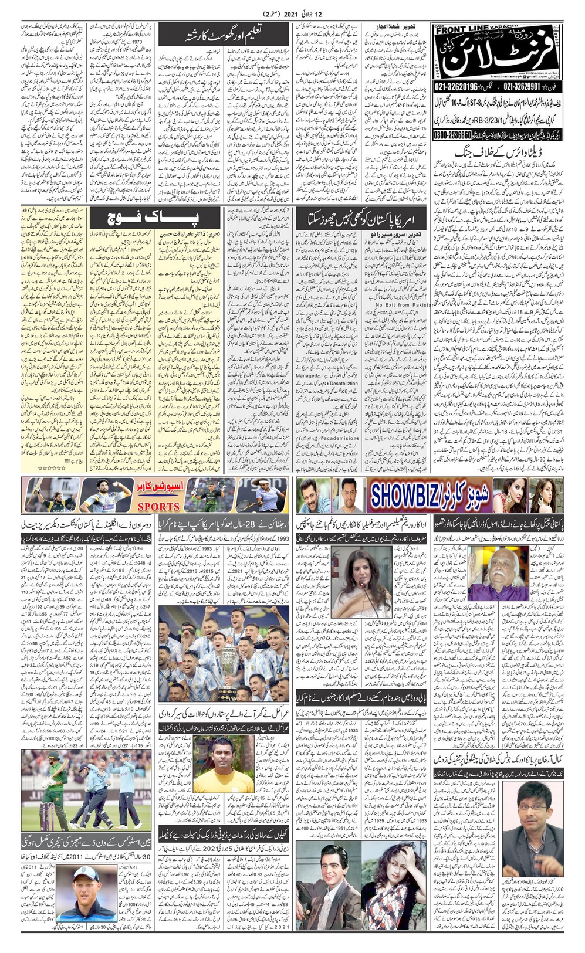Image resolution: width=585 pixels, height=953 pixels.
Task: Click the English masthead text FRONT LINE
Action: click(x=463, y=30)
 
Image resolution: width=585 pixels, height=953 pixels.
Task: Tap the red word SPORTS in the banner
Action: click(x=158, y=506)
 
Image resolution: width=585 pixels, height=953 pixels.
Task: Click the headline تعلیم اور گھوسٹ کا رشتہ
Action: click(x=224, y=35)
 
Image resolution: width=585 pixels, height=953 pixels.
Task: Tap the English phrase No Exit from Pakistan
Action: click(x=405, y=305)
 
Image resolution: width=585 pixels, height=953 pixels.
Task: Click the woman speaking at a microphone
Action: click(x=360, y=575)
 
